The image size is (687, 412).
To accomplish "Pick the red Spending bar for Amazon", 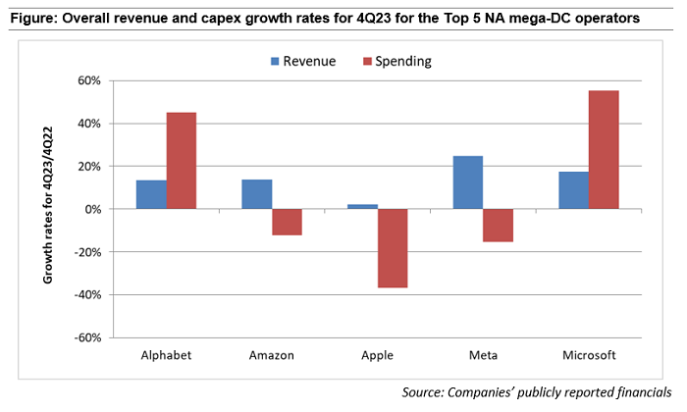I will click(x=288, y=222).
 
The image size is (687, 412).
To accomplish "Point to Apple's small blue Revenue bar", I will click(x=363, y=206).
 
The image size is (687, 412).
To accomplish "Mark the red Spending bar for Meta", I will click(x=499, y=226).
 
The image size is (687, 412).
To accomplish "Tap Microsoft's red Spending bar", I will click(x=604, y=149).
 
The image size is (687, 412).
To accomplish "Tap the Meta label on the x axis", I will click(x=483, y=355).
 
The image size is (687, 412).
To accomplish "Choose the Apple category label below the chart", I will click(x=378, y=355).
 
